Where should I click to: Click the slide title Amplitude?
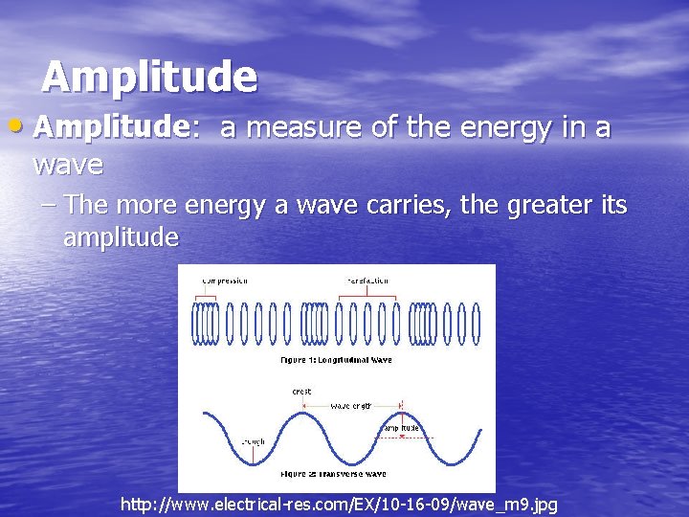tap(149, 77)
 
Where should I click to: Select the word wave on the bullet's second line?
tap(68, 164)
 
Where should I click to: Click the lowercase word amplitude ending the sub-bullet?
tap(121, 237)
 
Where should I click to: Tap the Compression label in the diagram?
tap(225, 281)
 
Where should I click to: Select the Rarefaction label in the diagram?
tap(367, 281)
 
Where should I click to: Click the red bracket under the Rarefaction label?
tap(367, 298)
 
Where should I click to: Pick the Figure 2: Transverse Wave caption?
tap(334, 474)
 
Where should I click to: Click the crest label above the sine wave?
tap(300, 391)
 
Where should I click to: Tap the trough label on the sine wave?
tap(254, 441)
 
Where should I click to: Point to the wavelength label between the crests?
tap(353, 406)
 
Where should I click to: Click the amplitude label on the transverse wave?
tap(401, 427)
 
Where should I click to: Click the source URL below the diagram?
tap(339, 504)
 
